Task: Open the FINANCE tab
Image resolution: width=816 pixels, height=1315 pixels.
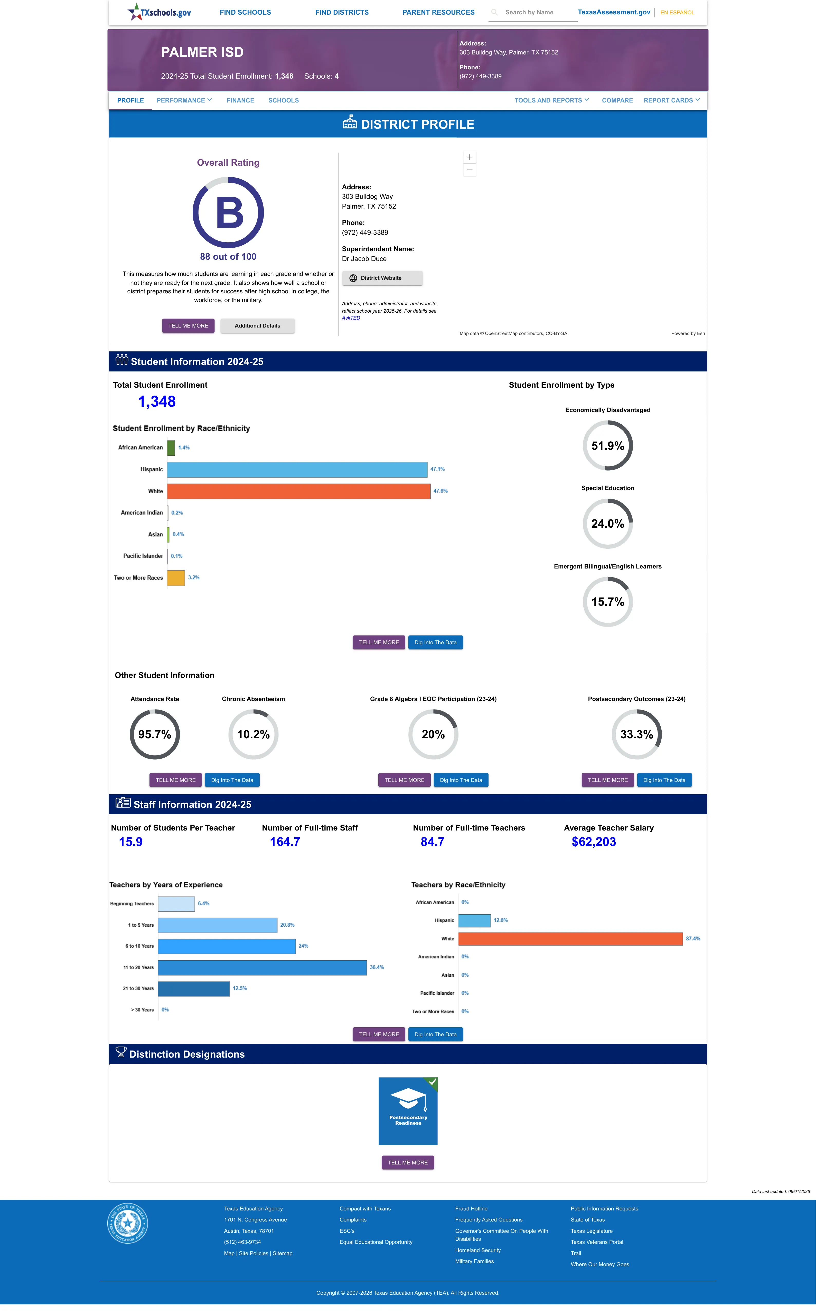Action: tap(240, 100)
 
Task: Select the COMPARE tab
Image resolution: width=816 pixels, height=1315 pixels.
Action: tap(617, 100)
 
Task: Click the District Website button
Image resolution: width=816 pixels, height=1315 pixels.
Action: tap(382, 278)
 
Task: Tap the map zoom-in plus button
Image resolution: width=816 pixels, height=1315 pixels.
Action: tap(470, 157)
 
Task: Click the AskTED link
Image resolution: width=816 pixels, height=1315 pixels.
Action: tap(351, 318)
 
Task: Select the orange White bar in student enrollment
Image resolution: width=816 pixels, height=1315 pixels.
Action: tap(298, 491)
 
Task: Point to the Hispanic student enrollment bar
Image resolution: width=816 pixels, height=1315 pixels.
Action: tap(297, 469)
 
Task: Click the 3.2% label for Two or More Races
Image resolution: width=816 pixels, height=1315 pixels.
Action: tap(194, 577)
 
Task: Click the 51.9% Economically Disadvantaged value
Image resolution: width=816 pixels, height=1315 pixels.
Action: tap(608, 446)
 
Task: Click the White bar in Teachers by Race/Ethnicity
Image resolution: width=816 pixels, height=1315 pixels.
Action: tap(570, 939)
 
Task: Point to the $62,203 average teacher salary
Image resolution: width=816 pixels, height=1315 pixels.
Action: tap(594, 842)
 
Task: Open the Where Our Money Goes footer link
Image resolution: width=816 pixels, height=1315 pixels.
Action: tap(599, 1264)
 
